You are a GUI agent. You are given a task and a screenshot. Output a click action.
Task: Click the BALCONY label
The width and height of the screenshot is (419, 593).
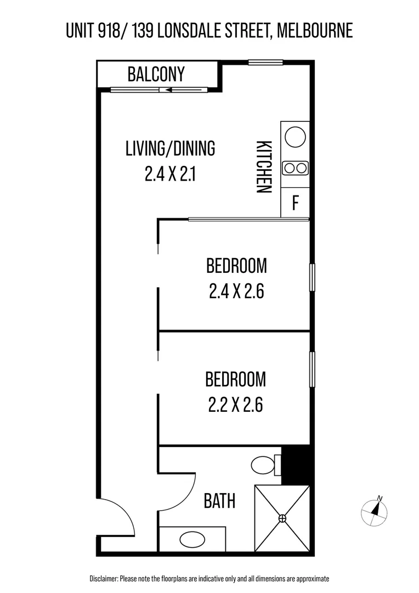pyautogui.click(x=156, y=74)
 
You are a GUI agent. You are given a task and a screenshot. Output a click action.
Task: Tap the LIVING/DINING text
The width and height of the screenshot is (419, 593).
pyautogui.click(x=170, y=148)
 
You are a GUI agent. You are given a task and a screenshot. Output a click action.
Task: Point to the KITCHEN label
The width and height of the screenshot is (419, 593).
pyautogui.click(x=264, y=167)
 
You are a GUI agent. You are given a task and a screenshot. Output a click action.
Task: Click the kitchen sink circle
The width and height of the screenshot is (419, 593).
pyautogui.click(x=295, y=136)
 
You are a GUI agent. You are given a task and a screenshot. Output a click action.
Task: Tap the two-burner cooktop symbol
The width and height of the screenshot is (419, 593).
pyautogui.click(x=295, y=168)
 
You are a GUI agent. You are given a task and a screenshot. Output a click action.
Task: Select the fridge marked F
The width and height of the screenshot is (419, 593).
pyautogui.click(x=295, y=203)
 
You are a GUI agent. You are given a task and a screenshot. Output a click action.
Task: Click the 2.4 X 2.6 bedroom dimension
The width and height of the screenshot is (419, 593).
pyautogui.click(x=236, y=291)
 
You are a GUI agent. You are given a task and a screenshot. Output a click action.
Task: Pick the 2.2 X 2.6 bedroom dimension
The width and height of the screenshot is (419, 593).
pyautogui.click(x=236, y=405)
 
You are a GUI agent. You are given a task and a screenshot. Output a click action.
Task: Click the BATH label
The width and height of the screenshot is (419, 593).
pyautogui.click(x=219, y=501)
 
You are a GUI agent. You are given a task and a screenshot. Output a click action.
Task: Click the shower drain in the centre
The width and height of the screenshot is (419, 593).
pyautogui.click(x=282, y=518)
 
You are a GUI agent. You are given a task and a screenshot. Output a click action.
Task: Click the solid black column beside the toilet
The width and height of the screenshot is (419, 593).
pyautogui.click(x=295, y=465)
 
